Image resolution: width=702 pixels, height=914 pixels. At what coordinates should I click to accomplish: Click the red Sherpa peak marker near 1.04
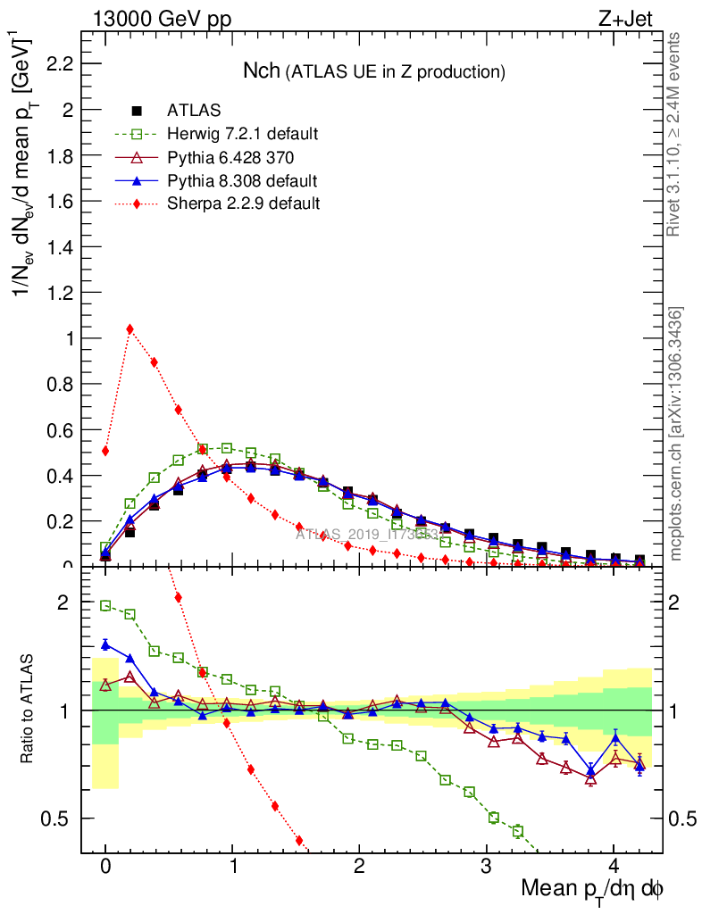point(130,328)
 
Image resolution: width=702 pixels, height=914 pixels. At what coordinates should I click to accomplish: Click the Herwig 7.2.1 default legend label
point(242,134)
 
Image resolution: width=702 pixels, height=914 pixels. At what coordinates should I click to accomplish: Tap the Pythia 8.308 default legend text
point(242,181)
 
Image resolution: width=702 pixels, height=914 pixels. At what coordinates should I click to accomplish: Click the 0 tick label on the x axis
point(105,867)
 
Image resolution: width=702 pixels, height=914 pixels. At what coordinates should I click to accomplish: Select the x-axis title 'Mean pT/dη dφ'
point(592,889)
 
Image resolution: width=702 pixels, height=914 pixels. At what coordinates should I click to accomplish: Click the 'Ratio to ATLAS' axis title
point(29,710)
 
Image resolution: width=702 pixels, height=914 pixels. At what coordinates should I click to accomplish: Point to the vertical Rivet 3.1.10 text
point(675,134)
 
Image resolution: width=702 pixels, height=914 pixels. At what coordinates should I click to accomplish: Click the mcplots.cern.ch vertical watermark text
point(676,433)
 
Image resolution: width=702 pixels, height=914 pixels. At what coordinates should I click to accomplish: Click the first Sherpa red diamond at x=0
point(105,451)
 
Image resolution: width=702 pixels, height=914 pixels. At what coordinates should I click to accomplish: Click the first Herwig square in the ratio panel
point(105,605)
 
